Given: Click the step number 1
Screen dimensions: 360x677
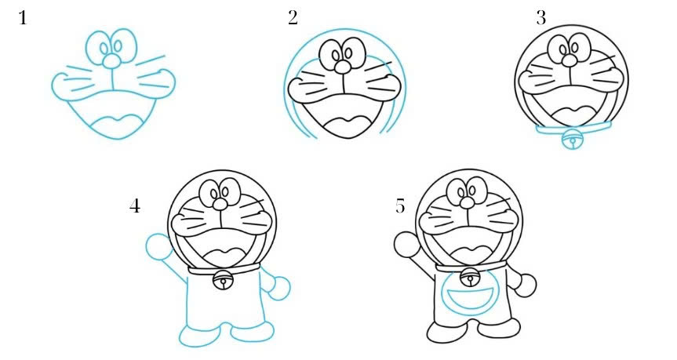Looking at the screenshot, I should (x=23, y=17).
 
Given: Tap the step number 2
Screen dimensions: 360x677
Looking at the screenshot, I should (x=293, y=17).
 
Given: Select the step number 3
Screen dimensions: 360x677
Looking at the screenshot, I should (x=541, y=17).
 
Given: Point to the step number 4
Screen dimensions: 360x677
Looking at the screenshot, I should (x=135, y=206).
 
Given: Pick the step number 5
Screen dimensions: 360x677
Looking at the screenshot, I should (x=401, y=206).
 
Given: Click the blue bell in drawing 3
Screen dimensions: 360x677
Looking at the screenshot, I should (x=572, y=141).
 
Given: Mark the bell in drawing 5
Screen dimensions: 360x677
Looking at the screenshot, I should (x=471, y=278).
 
